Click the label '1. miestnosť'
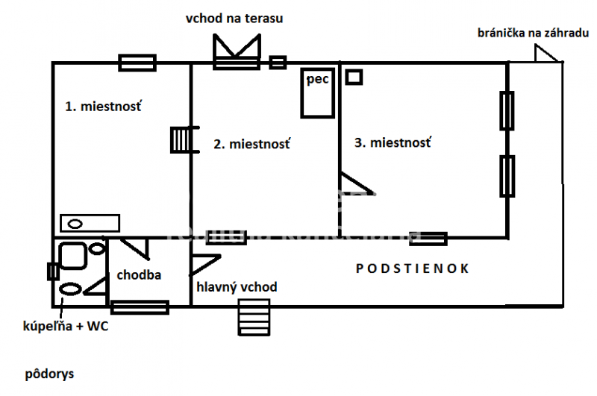(103, 107)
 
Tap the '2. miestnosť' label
(252, 143)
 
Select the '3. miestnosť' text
(393, 142)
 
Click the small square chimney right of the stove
(354, 76)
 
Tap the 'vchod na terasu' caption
(234, 18)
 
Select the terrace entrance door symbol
(236, 52)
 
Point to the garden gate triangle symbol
(545, 54)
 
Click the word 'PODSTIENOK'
(413, 268)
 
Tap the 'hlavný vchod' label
(237, 287)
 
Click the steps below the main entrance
(253, 318)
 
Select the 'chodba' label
(139, 274)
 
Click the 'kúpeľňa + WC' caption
(66, 327)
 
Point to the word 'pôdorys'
(49, 373)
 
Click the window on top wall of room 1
(137, 63)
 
